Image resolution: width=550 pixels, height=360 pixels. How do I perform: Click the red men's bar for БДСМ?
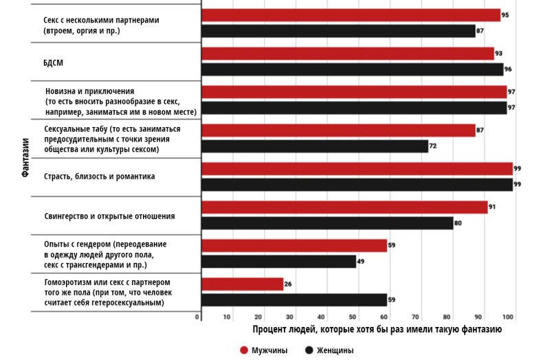(347, 54)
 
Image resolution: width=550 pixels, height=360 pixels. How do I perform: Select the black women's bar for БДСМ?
(352, 69)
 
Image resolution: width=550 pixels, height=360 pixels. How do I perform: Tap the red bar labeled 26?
(242, 284)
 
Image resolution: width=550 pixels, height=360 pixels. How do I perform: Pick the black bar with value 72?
(315, 146)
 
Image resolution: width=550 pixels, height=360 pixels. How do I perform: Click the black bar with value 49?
(278, 261)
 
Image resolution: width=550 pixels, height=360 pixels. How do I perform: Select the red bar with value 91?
(344, 207)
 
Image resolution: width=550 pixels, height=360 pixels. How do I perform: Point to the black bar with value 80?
(327, 223)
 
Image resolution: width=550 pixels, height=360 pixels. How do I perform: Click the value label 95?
(505, 15)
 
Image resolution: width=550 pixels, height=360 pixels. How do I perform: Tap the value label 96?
(509, 69)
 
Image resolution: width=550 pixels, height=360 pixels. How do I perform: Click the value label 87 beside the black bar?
(480, 31)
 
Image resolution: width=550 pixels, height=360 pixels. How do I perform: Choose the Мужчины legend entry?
(263, 350)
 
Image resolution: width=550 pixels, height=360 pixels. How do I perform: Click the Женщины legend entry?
(329, 350)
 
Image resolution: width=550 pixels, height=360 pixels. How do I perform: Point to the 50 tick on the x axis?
(353, 317)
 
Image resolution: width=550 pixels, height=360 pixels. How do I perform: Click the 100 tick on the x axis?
(508, 317)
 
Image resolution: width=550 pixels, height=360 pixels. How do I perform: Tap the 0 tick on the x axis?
(197, 317)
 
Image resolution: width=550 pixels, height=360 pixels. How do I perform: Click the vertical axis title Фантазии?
(25, 157)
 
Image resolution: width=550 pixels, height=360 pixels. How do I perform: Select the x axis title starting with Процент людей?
(377, 330)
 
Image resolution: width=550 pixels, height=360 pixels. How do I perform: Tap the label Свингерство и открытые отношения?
(109, 216)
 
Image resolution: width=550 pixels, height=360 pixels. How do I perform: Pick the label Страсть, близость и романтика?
(99, 177)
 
